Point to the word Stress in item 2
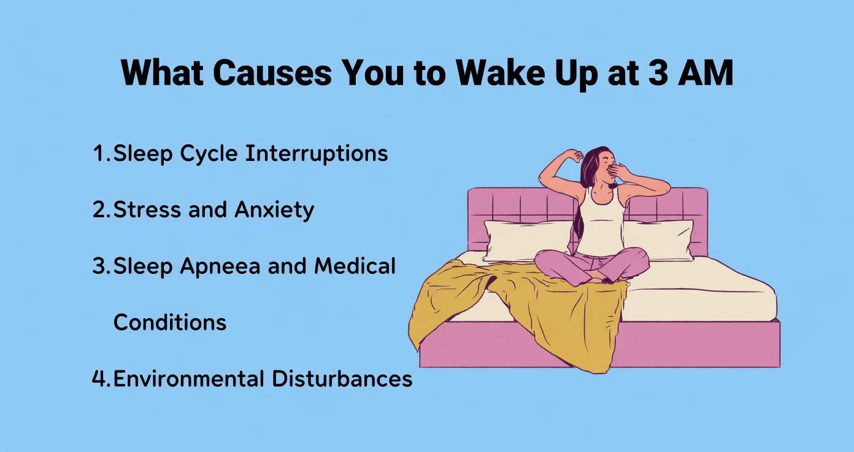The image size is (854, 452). [x=146, y=210]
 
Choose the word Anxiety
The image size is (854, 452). [x=274, y=210]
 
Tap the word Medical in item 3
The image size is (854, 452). [x=355, y=267]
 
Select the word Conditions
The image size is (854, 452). [x=170, y=322]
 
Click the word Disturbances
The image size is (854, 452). [x=342, y=378]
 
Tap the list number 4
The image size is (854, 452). [x=99, y=378]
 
